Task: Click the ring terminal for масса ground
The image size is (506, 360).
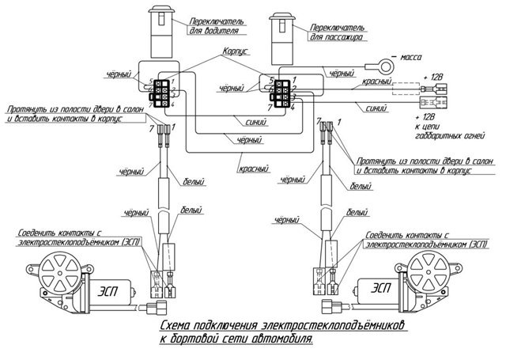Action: click(386, 66)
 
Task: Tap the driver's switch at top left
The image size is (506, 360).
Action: click(161, 32)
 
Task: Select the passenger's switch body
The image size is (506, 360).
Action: click(282, 39)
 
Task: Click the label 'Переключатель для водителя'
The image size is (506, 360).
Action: click(216, 26)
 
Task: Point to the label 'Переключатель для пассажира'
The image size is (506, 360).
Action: click(338, 32)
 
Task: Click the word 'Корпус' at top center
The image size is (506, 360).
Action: click(236, 51)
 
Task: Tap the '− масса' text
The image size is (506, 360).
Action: click(406, 58)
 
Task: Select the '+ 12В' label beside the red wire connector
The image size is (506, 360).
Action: click(433, 78)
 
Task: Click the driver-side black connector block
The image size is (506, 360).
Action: click(161, 93)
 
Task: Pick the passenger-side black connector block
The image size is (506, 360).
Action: click(281, 93)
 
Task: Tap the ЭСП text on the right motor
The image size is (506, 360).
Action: click(381, 288)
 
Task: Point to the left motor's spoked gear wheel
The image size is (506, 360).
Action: click(59, 272)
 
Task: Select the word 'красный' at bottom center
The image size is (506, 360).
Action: click(254, 169)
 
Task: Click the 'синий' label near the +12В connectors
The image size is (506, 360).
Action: click(376, 108)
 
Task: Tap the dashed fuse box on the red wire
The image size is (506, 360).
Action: click(406, 89)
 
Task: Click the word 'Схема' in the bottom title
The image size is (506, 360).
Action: click(176, 326)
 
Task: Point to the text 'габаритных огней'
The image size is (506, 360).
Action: click(450, 135)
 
